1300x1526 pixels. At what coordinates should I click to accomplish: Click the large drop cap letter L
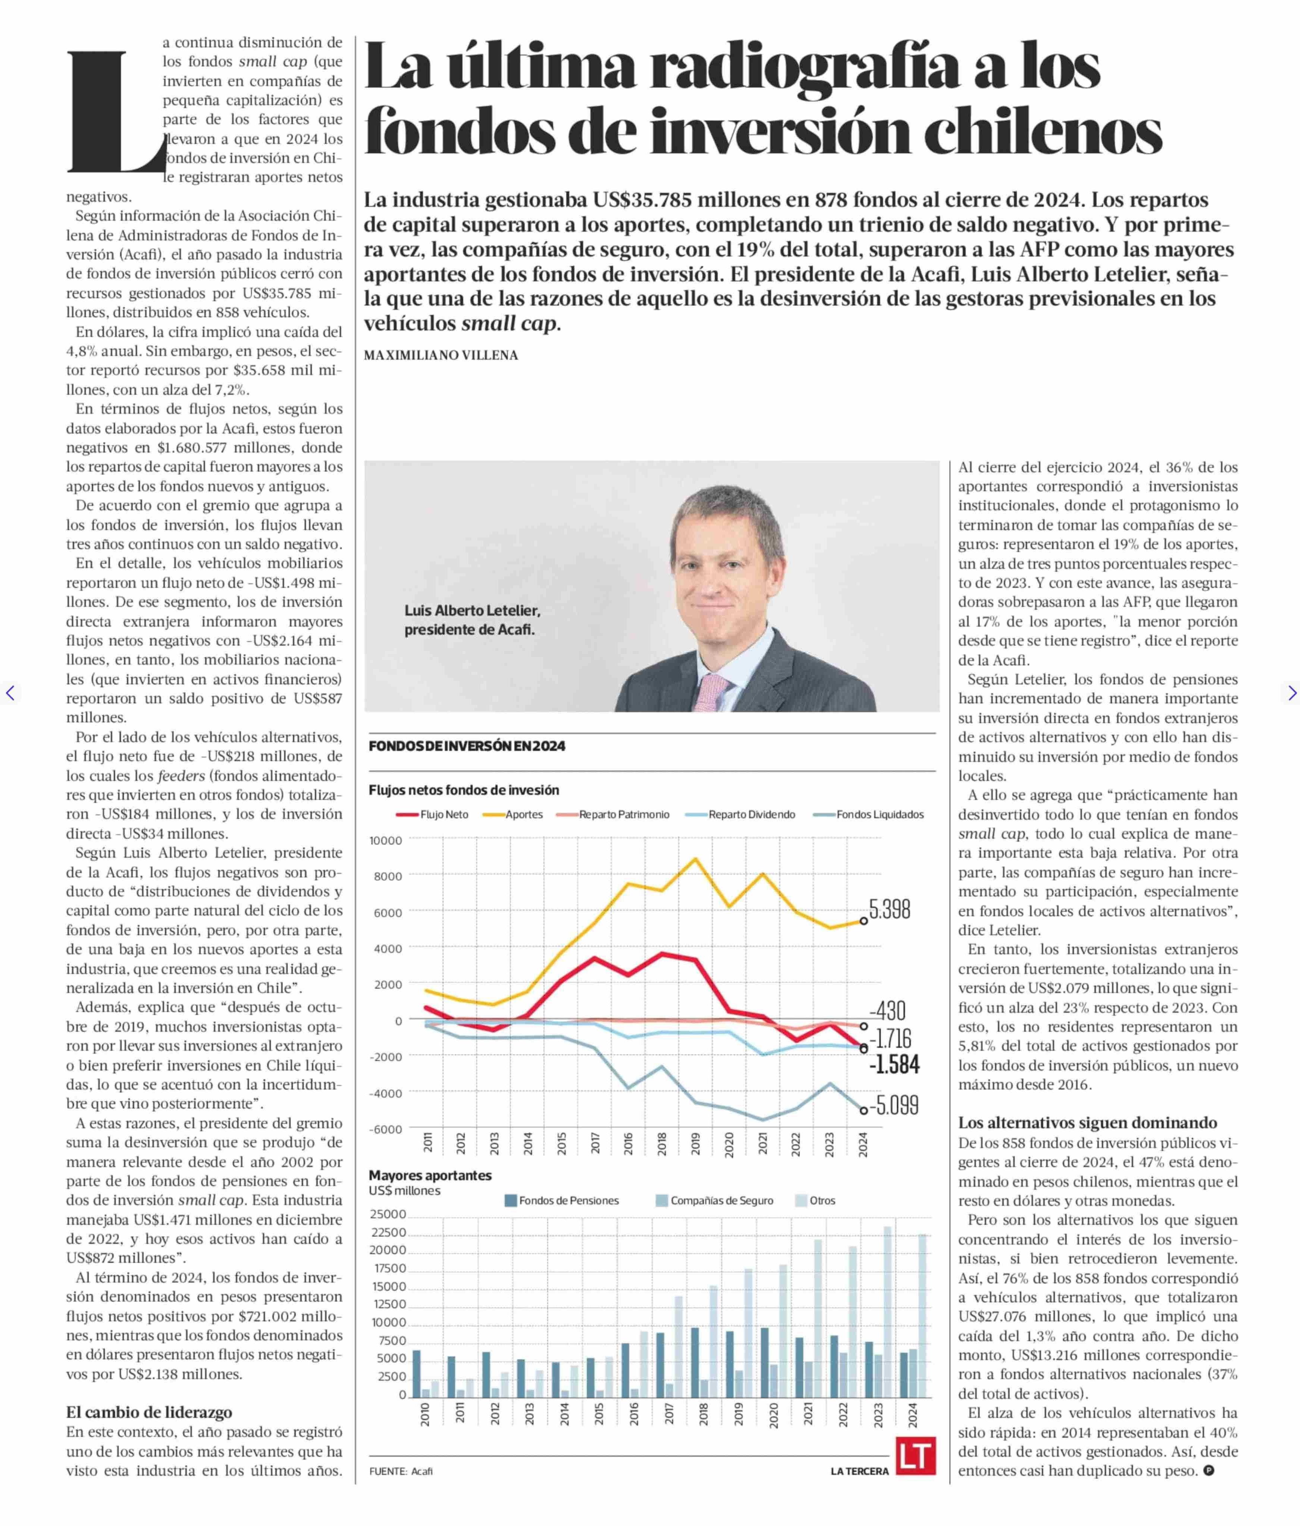pos(114,112)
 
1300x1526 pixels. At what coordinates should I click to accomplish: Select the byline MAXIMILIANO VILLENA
pos(440,355)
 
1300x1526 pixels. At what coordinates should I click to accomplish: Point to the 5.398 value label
pos(890,910)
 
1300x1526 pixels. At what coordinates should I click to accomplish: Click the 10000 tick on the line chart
pos(386,840)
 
